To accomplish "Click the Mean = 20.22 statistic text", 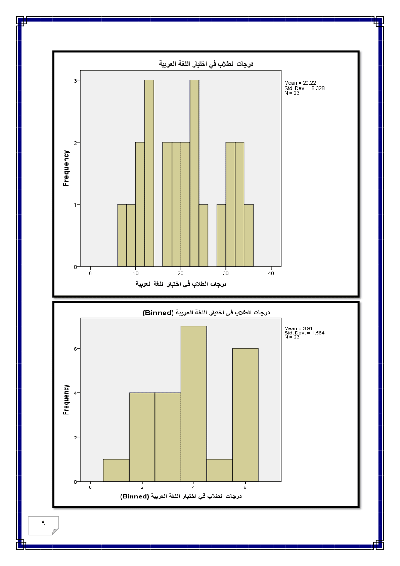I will pyautogui.click(x=300, y=83).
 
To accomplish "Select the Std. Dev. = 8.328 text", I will pyautogui.click(x=304, y=88).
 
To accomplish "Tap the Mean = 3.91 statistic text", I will pyautogui.click(x=298, y=328).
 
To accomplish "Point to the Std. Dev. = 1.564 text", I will pyautogui.click(x=304, y=333).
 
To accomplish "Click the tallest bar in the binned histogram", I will pyautogui.click(x=193, y=403).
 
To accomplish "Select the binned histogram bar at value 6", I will pyautogui.click(x=245, y=415).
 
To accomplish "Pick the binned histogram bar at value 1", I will pyautogui.click(x=116, y=470).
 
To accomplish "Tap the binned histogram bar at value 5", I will pyautogui.click(x=219, y=470).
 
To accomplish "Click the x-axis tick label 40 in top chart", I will pyautogui.click(x=271, y=274).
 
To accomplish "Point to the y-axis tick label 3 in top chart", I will pyautogui.click(x=76, y=81).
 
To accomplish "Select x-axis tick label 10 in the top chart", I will pyautogui.click(x=135, y=274).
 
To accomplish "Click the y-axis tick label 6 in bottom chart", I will pyautogui.click(x=76, y=349).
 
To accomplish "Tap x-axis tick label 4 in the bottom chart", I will pyautogui.click(x=193, y=487).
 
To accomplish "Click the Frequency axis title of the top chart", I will pyautogui.click(x=66, y=168).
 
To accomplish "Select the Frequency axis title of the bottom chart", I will pyautogui.click(x=66, y=400).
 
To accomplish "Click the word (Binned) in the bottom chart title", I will pyautogui.click(x=158, y=313).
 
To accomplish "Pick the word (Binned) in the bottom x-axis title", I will pyautogui.click(x=135, y=496).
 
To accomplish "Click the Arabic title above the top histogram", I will pyautogui.click(x=206, y=64).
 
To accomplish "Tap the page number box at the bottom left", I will pyautogui.click(x=43, y=525).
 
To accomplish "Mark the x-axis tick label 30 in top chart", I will pyautogui.click(x=226, y=274).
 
